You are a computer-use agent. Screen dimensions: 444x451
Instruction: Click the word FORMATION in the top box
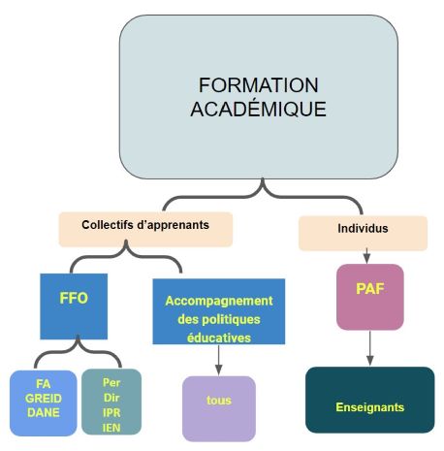coord(258,85)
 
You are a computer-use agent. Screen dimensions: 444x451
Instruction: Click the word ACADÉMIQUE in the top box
coord(258,108)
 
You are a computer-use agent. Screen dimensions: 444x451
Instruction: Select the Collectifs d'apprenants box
coord(145,229)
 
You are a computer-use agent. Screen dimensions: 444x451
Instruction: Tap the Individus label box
coord(363,233)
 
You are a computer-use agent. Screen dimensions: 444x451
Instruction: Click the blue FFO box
coord(74,306)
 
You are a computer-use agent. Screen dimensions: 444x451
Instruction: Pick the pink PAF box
coord(370,297)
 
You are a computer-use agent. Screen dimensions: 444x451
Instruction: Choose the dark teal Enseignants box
coord(370,400)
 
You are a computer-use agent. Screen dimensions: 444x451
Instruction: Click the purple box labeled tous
coord(219,408)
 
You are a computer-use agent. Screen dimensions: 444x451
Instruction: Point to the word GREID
coord(44,399)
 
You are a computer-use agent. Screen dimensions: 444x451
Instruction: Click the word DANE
coord(44,412)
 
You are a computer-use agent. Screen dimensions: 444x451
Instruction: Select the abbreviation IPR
coord(111,413)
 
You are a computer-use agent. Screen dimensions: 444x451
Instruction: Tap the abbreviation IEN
coord(111,428)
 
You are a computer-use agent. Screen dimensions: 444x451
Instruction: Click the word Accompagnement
coord(219,301)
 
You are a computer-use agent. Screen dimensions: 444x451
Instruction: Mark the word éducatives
coord(219,338)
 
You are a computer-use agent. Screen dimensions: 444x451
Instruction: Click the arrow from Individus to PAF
coord(366,256)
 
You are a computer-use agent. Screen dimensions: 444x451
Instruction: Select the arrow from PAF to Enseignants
coord(370,348)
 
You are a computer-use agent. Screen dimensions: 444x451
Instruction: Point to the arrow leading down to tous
coord(219,360)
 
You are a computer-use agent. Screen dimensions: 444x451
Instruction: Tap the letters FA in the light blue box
coord(44,384)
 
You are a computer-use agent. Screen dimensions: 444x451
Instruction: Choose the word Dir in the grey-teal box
coord(111,398)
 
